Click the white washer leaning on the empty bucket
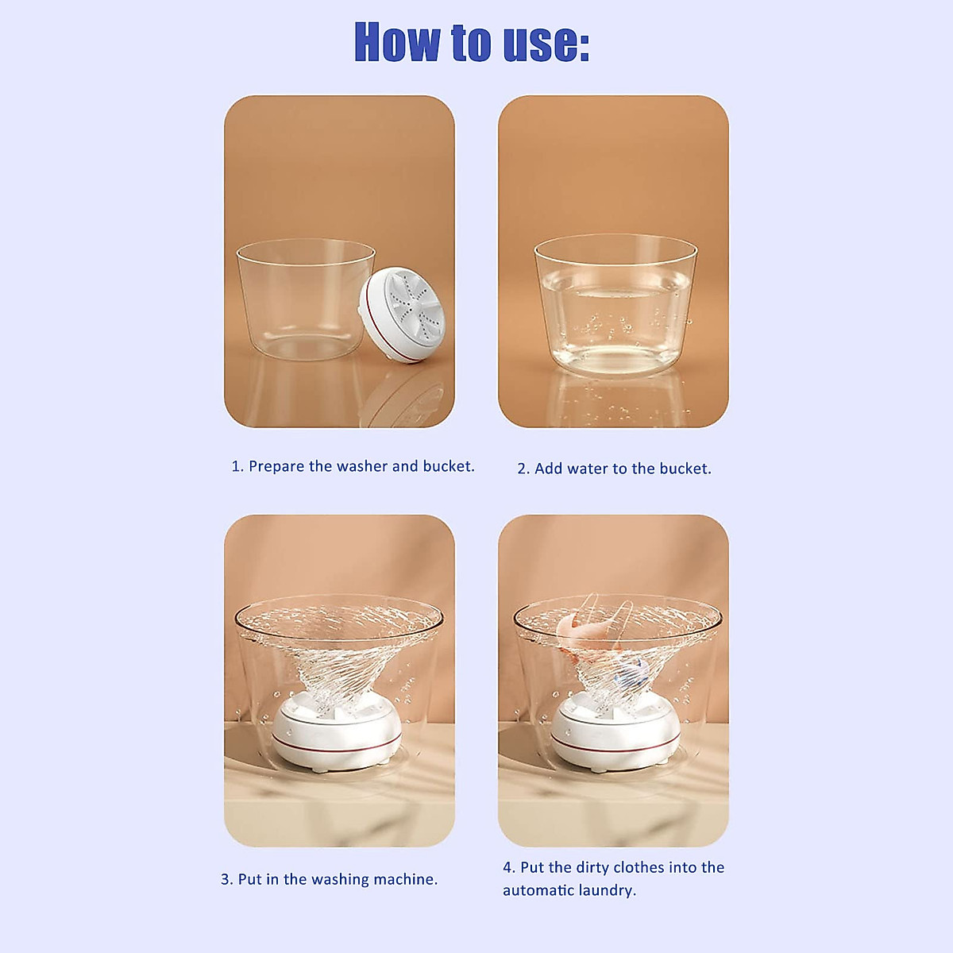click(x=403, y=315)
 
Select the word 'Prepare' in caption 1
click(x=276, y=466)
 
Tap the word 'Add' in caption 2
click(x=548, y=469)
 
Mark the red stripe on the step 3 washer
click(x=337, y=747)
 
